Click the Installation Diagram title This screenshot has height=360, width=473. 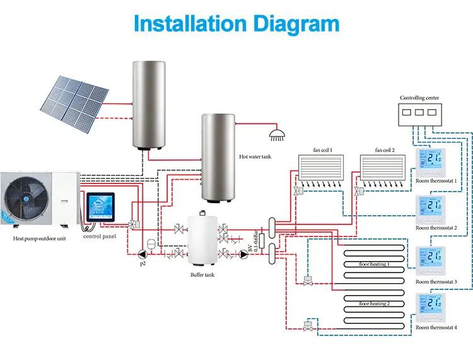pos(237,24)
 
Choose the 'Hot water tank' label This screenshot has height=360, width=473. pos(255,156)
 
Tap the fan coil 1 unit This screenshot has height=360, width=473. pos(322,168)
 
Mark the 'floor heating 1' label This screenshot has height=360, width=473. pos(374,264)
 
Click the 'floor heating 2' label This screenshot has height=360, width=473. pos(374,304)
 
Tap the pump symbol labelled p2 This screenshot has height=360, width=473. pos(143,255)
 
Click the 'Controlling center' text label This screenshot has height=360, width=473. pos(419,98)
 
